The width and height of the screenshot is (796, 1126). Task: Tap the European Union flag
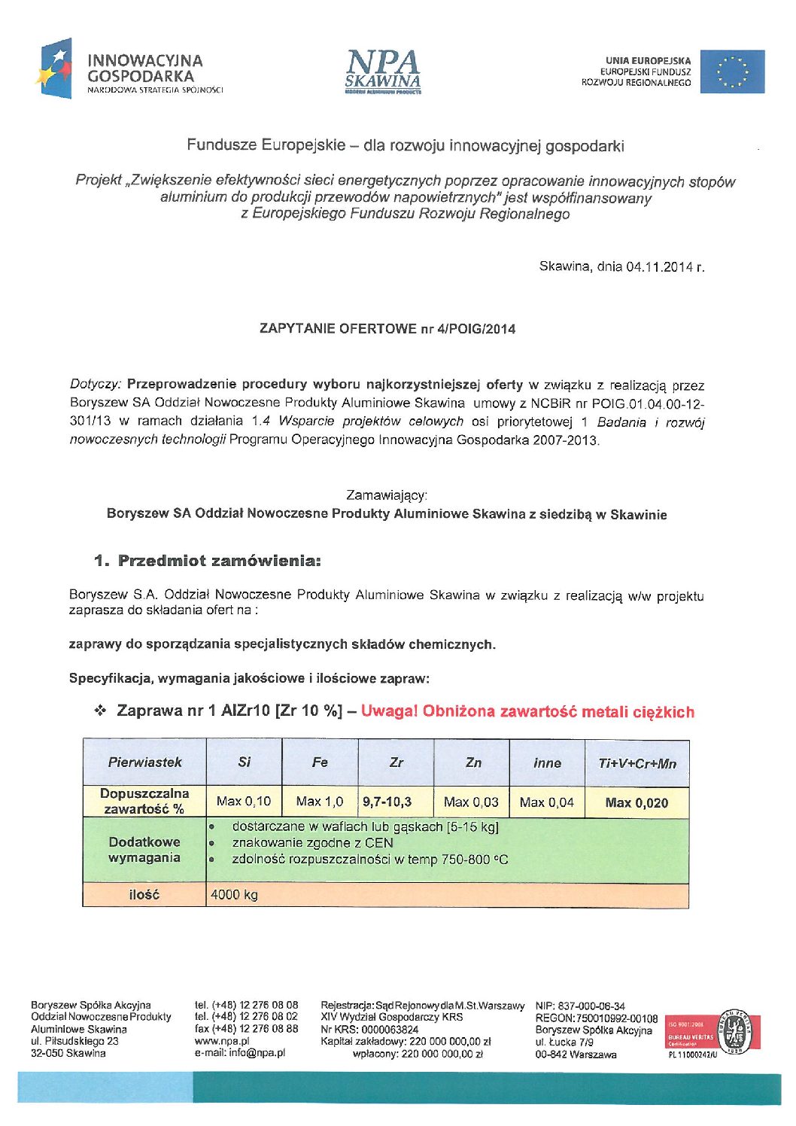(732, 72)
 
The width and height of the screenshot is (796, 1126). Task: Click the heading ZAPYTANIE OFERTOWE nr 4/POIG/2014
(387, 329)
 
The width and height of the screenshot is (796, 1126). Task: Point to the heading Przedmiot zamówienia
(208, 561)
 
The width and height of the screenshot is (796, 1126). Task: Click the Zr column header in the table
(396, 762)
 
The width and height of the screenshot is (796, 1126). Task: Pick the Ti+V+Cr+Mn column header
(636, 763)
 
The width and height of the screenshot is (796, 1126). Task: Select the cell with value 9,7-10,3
(387, 802)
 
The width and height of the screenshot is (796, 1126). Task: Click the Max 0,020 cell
(636, 803)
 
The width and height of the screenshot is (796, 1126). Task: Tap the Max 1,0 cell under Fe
(319, 802)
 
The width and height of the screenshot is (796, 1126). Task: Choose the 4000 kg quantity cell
(235, 895)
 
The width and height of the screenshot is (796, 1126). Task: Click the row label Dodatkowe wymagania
(144, 850)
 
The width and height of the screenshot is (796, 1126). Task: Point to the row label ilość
(144, 895)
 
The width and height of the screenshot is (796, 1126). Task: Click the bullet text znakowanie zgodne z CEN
(312, 843)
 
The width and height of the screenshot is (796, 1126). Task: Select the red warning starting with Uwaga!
(527, 712)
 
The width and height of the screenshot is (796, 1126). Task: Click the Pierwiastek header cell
(144, 762)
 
